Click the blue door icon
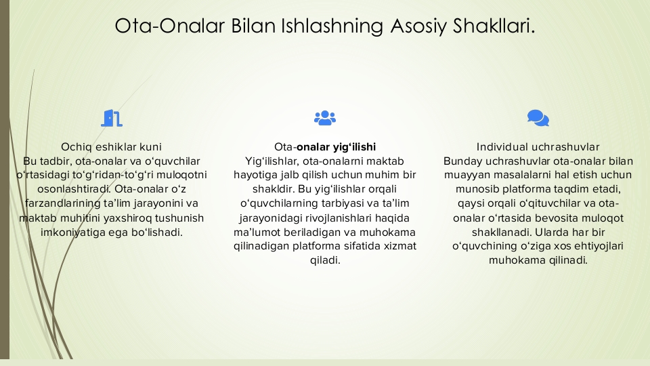click(112, 118)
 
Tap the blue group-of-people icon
click(325, 118)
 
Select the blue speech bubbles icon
click(538, 118)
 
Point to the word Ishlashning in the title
click(332, 26)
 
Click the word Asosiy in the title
click(418, 26)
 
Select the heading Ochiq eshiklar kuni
click(111, 147)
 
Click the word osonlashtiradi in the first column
click(73, 189)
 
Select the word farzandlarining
click(62, 204)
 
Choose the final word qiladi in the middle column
click(325, 260)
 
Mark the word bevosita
click(557, 218)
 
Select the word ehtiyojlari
click(599, 246)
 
